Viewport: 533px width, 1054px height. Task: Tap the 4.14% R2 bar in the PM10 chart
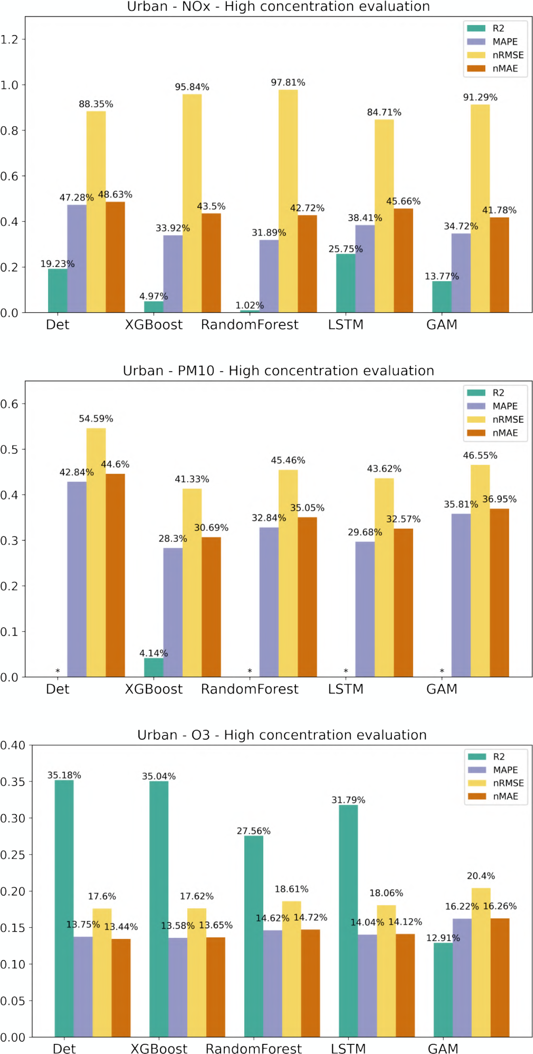point(153,667)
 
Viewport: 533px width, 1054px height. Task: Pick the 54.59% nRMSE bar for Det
point(96,552)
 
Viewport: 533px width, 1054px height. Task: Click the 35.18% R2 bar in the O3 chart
point(64,908)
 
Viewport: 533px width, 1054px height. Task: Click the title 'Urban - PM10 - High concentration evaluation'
point(278,371)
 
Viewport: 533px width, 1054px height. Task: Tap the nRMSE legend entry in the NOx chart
point(508,55)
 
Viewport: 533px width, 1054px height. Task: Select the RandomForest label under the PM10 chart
point(250,689)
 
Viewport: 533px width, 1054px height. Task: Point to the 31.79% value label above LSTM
point(348,800)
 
